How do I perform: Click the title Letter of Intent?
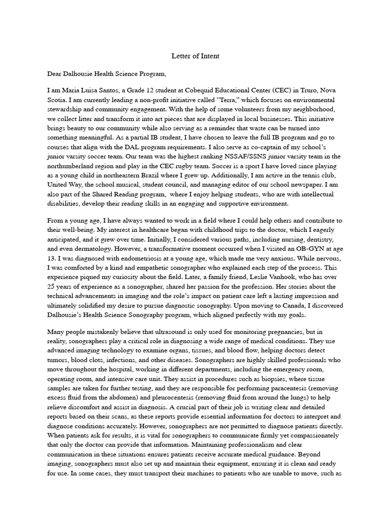pyautogui.click(x=196, y=56)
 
